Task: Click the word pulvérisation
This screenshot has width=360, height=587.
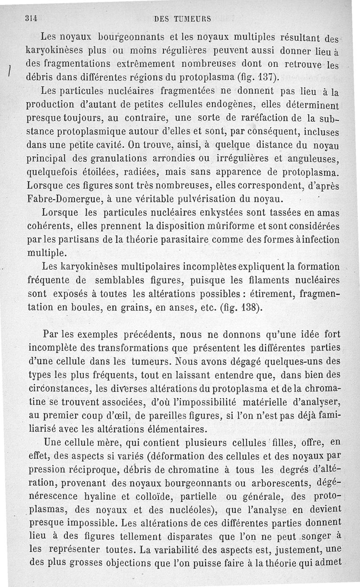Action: tap(210, 197)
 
